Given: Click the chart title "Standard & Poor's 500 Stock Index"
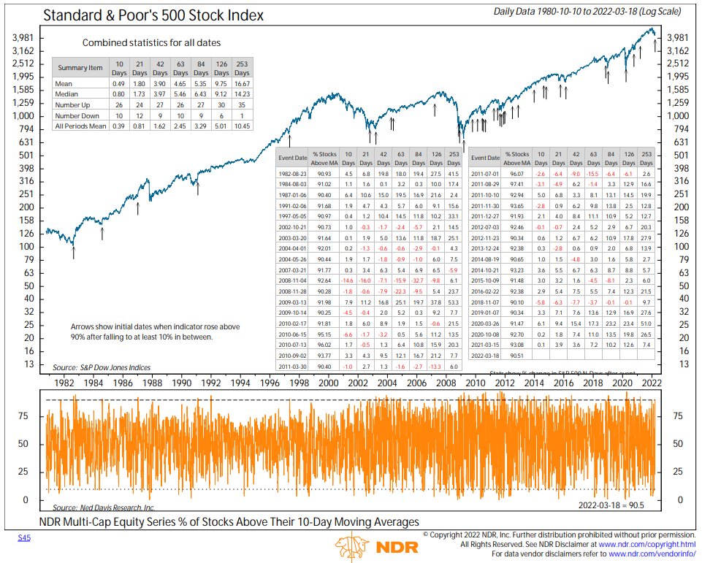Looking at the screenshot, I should coord(154,15).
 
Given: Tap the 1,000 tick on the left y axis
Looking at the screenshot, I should coord(24,116).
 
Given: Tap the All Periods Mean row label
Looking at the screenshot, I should coord(80,126).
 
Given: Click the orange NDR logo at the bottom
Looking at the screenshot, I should coord(376,547).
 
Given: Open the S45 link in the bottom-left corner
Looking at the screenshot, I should coord(23,537).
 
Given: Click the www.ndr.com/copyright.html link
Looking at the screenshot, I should coord(647,545).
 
